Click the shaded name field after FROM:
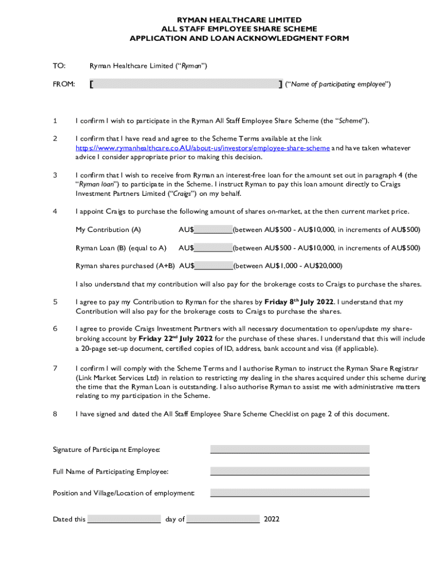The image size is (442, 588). pyautogui.click(x=184, y=84)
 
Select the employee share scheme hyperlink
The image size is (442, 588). pyautogui.click(x=203, y=148)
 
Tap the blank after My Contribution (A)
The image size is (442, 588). pyautogui.click(x=214, y=230)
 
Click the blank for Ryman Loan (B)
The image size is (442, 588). pyautogui.click(x=214, y=248)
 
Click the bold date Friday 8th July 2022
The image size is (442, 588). pyautogui.click(x=300, y=302)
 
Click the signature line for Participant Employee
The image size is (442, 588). pyautogui.click(x=289, y=449)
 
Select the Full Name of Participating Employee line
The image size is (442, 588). pyautogui.click(x=289, y=471)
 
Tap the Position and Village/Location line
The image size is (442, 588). pyautogui.click(x=289, y=493)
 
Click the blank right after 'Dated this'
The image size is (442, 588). pyautogui.click(x=124, y=519)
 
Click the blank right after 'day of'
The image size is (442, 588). pyautogui.click(x=223, y=519)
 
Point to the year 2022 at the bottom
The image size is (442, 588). pyautogui.click(x=272, y=519)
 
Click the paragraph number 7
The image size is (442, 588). pyautogui.click(x=55, y=368)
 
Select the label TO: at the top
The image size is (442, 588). pyautogui.click(x=59, y=66)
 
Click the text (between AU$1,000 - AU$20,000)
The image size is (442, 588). pyautogui.click(x=288, y=266)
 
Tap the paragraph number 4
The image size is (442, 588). pyautogui.click(x=55, y=211)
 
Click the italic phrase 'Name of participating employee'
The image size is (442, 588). pyautogui.click(x=340, y=84)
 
